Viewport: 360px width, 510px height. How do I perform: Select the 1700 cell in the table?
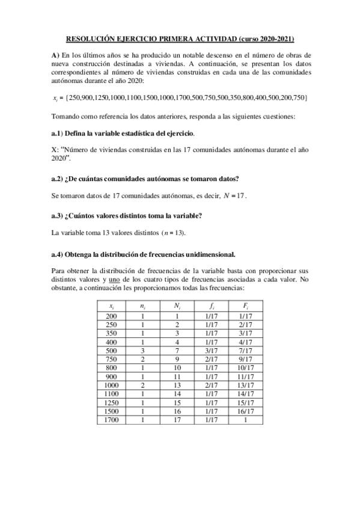(x=112, y=419)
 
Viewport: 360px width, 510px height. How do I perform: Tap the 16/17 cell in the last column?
(x=245, y=411)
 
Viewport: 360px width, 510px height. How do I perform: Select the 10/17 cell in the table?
(x=245, y=367)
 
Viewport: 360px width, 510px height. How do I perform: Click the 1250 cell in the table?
(x=112, y=402)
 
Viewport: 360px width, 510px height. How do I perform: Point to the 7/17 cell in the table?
(x=245, y=350)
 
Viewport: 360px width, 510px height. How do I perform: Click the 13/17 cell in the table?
(x=245, y=385)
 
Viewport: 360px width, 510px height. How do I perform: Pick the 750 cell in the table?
(x=112, y=359)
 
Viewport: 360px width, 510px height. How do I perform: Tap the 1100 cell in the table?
(x=112, y=393)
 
